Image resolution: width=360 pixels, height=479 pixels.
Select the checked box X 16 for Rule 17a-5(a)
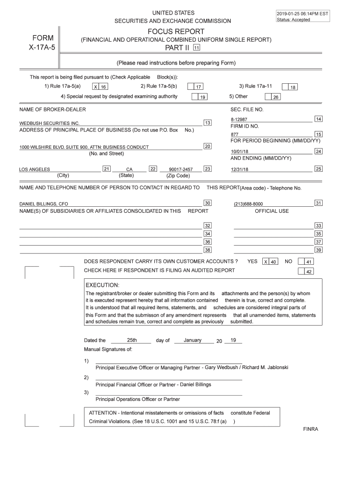100,87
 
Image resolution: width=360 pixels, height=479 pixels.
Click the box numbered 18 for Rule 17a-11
291,87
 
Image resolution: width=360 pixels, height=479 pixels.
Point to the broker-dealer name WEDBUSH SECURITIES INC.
46,123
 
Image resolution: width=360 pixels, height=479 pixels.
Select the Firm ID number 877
234,135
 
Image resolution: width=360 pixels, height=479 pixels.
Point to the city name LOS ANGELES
35,169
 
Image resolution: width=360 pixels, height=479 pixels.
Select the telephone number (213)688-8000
248,204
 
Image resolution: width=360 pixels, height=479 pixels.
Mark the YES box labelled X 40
270,262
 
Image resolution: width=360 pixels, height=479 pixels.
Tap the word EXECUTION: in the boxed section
102,285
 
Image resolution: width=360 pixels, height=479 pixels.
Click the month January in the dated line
193,340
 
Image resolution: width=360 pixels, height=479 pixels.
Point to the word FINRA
310,429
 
